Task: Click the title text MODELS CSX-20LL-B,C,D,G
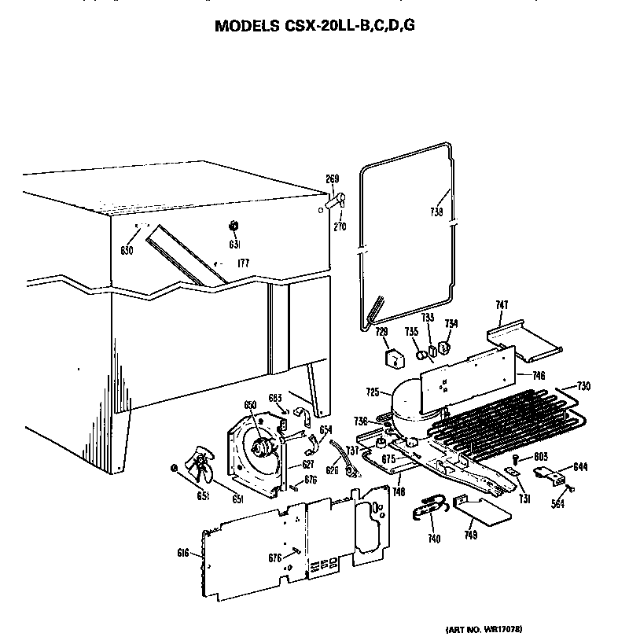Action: click(314, 26)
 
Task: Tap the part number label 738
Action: click(436, 212)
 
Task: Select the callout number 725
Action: click(373, 391)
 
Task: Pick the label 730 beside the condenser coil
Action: click(583, 386)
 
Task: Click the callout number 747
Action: click(502, 305)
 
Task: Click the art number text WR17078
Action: click(484, 630)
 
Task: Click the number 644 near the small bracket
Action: click(580, 467)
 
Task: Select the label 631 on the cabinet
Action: click(234, 245)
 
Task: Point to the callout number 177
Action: click(243, 263)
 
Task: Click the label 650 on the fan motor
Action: click(250, 405)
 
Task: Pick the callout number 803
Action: click(541, 457)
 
